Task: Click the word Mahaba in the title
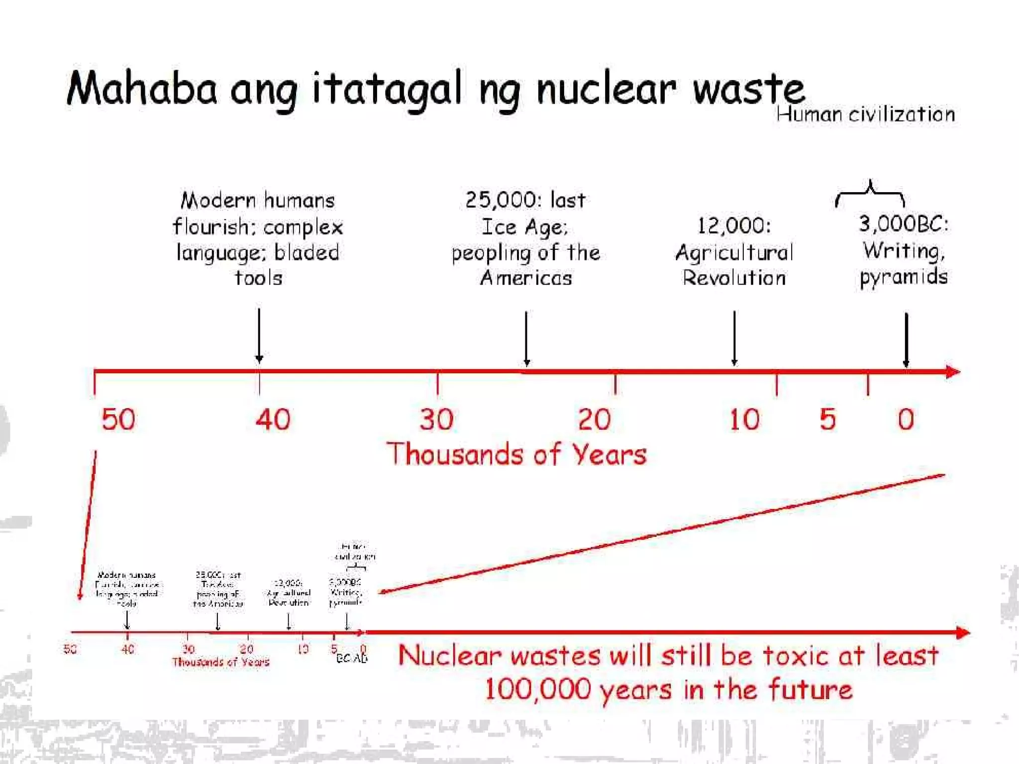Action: (142, 89)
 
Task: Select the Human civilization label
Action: (865, 114)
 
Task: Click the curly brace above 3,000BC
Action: (870, 193)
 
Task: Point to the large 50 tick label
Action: (118, 419)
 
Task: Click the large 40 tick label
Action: (273, 419)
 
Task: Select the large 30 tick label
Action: (437, 419)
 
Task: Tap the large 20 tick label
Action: (594, 419)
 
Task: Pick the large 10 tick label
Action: (744, 419)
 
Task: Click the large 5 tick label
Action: (828, 419)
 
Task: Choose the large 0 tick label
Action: (906, 419)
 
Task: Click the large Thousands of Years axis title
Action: (516, 454)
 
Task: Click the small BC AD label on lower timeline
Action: (352, 658)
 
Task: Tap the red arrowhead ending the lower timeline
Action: (963, 633)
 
